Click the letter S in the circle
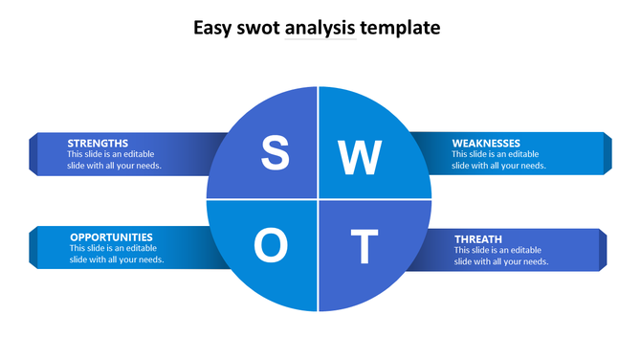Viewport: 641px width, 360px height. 276,153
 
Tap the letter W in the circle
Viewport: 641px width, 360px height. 360,157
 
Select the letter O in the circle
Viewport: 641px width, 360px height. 271,246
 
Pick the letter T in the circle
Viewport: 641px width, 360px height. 364,247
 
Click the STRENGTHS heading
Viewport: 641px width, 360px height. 98,143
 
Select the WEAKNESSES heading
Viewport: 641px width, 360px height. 486,143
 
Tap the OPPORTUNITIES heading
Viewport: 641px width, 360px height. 111,236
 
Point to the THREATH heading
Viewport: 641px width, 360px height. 478,238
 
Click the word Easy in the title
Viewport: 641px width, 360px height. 212,28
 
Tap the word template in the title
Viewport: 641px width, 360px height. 402,29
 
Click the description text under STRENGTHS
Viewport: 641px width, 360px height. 114,160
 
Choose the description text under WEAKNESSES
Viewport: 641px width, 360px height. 498,160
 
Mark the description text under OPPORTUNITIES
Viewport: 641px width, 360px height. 117,254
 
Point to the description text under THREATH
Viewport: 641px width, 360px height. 501,256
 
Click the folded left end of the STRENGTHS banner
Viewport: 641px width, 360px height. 33,153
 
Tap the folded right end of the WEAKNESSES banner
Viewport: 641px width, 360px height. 608,153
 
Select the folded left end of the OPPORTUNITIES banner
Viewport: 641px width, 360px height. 33,247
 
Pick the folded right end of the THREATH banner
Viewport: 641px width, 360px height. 603,249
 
